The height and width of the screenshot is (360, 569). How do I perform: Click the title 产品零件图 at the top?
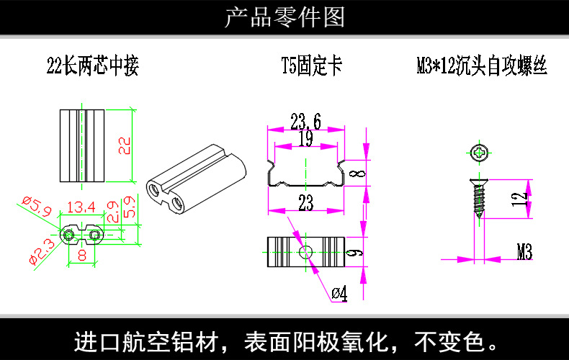point(284,17)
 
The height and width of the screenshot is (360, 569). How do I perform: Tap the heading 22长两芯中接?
point(92,68)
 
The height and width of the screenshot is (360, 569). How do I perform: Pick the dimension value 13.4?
point(81,208)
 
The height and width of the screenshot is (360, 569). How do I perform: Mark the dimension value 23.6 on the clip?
point(305,120)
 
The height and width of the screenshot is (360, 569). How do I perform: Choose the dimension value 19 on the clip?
point(305,139)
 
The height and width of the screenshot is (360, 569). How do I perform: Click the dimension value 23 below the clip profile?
point(305,204)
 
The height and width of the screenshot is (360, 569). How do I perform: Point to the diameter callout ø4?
point(339,293)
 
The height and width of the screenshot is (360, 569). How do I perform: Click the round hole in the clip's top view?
point(305,251)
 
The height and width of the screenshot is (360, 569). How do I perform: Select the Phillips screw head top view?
point(480,152)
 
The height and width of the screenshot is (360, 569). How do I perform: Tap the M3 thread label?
point(524,251)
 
